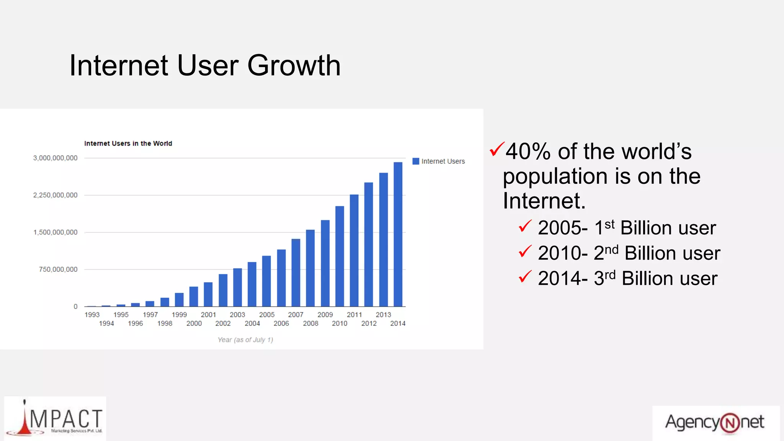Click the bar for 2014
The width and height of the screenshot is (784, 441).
click(x=398, y=234)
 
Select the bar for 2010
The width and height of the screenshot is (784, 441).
click(x=340, y=256)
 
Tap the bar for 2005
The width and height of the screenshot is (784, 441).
click(x=266, y=281)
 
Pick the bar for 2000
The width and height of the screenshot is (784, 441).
click(x=194, y=296)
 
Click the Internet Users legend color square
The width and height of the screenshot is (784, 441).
click(x=416, y=161)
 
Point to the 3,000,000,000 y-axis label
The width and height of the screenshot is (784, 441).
click(x=55, y=158)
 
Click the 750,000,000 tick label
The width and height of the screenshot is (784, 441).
click(x=58, y=269)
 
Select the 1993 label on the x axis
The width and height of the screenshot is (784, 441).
click(x=92, y=315)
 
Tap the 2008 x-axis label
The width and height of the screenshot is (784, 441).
click(x=310, y=323)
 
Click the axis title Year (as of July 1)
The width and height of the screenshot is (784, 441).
click(x=245, y=340)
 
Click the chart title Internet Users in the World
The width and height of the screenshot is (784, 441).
click(x=128, y=144)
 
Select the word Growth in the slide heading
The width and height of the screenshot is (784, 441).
click(x=294, y=66)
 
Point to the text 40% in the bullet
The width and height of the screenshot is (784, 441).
click(x=528, y=152)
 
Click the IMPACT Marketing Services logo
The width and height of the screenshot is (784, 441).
click(x=55, y=419)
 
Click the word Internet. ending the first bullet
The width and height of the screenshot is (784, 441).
click(x=544, y=201)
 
